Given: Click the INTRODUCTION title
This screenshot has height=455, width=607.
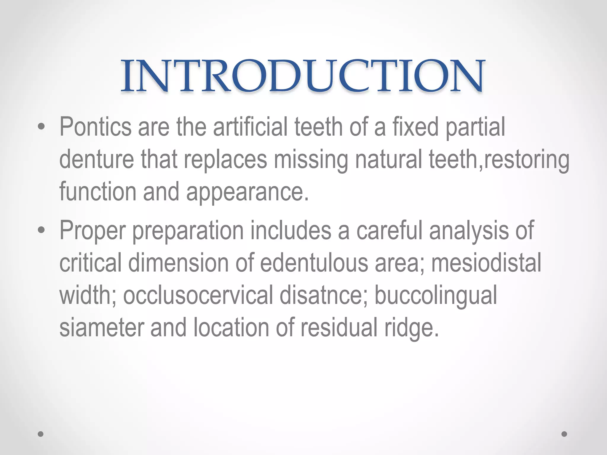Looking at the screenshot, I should [x=303, y=76].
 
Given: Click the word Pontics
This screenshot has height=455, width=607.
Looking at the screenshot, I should [x=95, y=127].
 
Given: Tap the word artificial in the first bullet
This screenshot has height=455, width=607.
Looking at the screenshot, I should [x=250, y=127].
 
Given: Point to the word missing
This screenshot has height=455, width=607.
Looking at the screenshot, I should [x=311, y=159].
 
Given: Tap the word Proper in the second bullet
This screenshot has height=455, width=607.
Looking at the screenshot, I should [x=92, y=231].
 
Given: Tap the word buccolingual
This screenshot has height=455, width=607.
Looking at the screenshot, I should [x=436, y=296].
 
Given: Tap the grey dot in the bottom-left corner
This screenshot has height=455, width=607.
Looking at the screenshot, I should [x=41, y=434].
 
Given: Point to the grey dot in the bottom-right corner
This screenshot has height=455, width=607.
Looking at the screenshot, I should [x=564, y=434].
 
